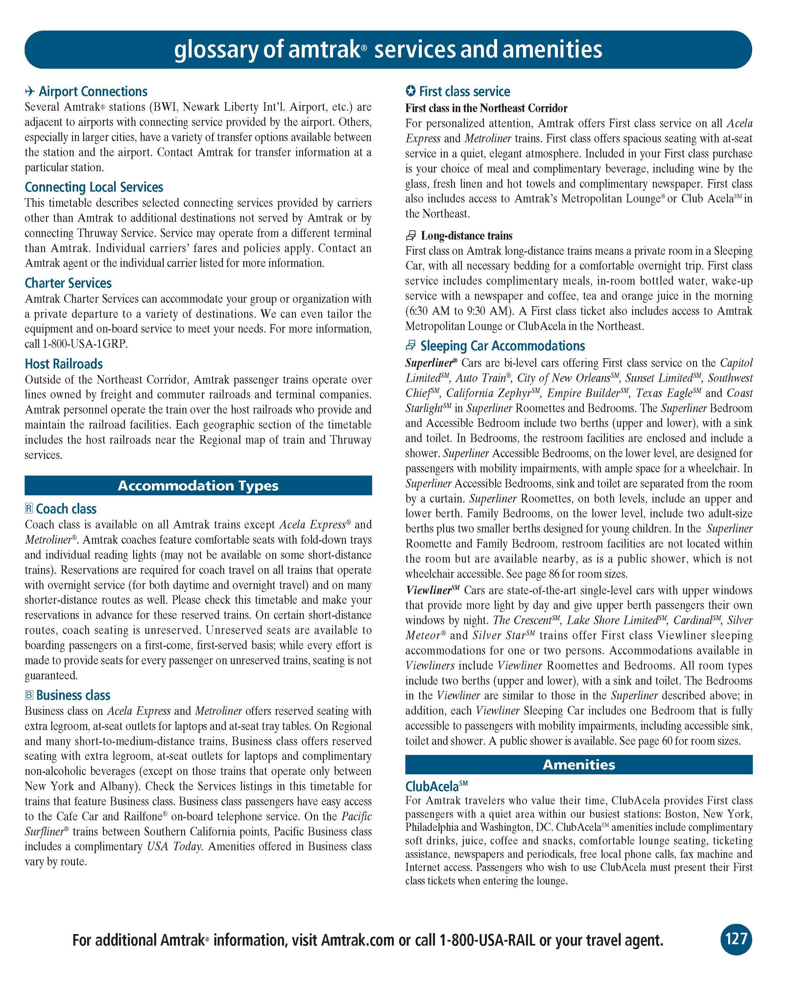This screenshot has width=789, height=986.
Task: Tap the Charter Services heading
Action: click(x=68, y=283)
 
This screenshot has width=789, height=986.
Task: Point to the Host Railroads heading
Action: click(x=63, y=364)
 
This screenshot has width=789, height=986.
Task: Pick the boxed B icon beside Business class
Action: click(x=29, y=695)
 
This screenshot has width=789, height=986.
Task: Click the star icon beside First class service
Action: click(x=410, y=91)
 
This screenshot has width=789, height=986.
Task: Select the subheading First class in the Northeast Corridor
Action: click(x=486, y=108)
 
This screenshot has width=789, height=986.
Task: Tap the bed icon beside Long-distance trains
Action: click(x=411, y=236)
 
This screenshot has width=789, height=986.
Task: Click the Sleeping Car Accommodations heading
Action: click(x=502, y=346)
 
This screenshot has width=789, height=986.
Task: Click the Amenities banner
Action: click(x=579, y=765)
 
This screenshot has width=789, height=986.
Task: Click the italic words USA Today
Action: click(x=174, y=847)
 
